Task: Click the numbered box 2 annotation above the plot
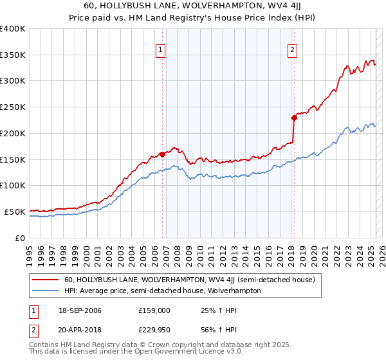(292, 50)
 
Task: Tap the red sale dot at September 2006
(162, 154)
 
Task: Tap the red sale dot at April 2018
(294, 118)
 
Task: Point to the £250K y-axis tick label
(13, 107)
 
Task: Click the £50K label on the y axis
(15, 212)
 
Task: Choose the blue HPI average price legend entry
(162, 291)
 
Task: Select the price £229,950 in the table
(154, 331)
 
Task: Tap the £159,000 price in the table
(154, 310)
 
